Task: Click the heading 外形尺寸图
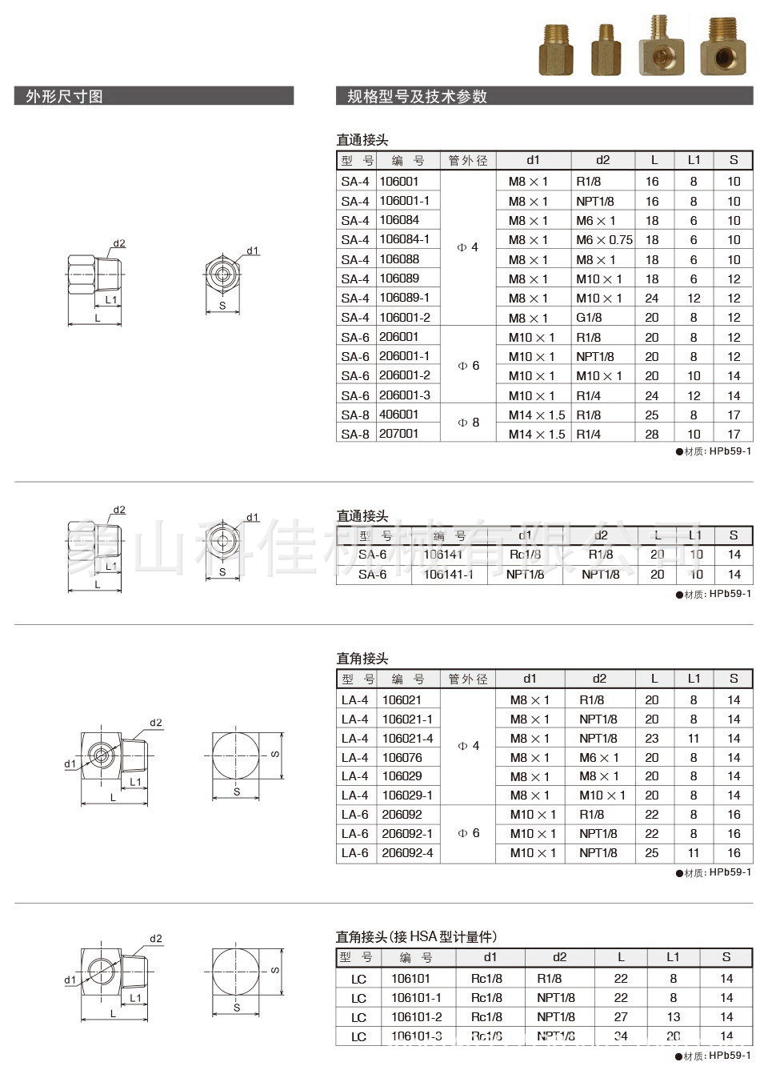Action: [x=64, y=97]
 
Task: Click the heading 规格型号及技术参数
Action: [x=417, y=97]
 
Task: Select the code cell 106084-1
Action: [x=405, y=239]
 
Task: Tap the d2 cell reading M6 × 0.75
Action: [x=604, y=240]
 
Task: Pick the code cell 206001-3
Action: [x=405, y=395]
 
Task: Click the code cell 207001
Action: [x=399, y=434]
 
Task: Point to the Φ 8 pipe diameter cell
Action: [x=468, y=423]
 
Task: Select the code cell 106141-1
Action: [x=448, y=575]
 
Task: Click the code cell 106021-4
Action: [x=408, y=738]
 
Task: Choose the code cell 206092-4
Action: [x=408, y=853]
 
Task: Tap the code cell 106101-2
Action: [x=417, y=1017]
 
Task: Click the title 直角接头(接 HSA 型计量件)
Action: [x=416, y=936]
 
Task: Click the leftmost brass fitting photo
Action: [x=557, y=50]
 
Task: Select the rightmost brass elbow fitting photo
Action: [x=723, y=46]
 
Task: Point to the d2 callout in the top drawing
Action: [x=119, y=243]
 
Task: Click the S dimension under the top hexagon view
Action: [x=222, y=305]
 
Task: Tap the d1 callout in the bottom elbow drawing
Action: [x=70, y=980]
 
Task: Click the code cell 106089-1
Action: [x=405, y=298]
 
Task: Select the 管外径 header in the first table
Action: [x=468, y=160]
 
